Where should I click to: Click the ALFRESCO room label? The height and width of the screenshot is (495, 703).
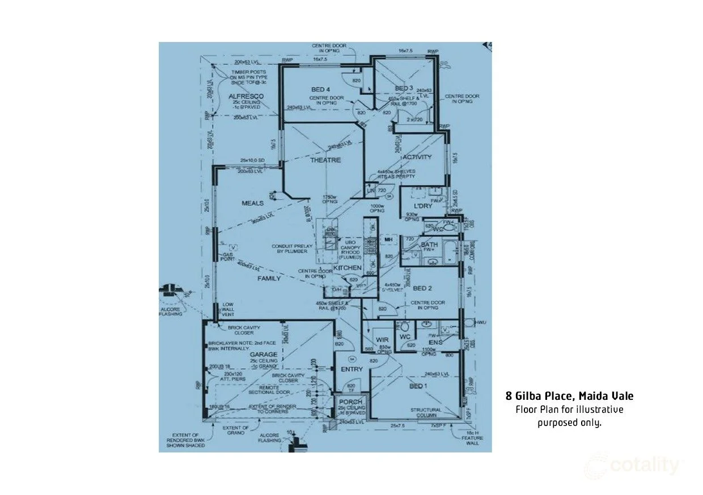pos(246,96)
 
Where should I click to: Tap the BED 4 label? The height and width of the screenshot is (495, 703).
pos(321,89)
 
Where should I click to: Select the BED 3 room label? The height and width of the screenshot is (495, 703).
pos(404,88)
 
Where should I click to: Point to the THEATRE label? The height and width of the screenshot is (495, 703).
pos(325,160)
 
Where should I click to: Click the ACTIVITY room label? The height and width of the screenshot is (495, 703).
pos(417,157)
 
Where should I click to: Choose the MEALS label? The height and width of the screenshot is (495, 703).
pos(253,203)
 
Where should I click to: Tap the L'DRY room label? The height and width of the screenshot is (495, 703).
pos(423,205)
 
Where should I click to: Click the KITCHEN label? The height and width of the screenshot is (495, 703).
pos(347,267)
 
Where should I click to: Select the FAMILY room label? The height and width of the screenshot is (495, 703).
pos(269,279)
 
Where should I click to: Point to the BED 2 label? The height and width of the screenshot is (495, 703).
pos(423,288)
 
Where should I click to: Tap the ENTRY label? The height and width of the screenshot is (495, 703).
pos(351,369)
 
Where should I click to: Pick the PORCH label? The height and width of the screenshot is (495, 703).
pos(351,402)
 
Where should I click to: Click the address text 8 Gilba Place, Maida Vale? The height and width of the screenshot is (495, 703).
pos(569,396)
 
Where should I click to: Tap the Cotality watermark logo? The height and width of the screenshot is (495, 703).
pos(633,466)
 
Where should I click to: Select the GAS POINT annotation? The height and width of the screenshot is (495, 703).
pos(227,257)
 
